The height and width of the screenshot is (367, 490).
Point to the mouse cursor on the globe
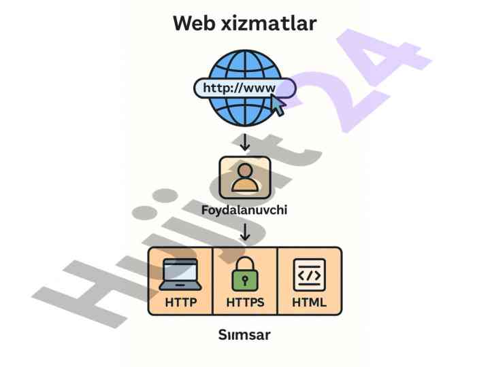coord(278,105)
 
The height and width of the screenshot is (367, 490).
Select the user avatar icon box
coord(245,177)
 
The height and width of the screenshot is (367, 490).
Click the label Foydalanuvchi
coord(245,210)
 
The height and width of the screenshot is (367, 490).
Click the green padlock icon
coord(245,275)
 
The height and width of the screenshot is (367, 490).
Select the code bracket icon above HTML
coord(309,274)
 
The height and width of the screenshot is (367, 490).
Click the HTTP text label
coord(180,302)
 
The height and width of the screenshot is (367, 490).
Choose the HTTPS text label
coord(245,302)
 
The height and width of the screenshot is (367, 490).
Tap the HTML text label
coord(309,302)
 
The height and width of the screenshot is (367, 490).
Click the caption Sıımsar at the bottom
coord(245,336)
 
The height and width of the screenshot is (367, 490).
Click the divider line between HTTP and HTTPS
coord(213,281)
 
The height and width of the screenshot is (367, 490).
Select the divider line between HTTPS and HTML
coord(278,281)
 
